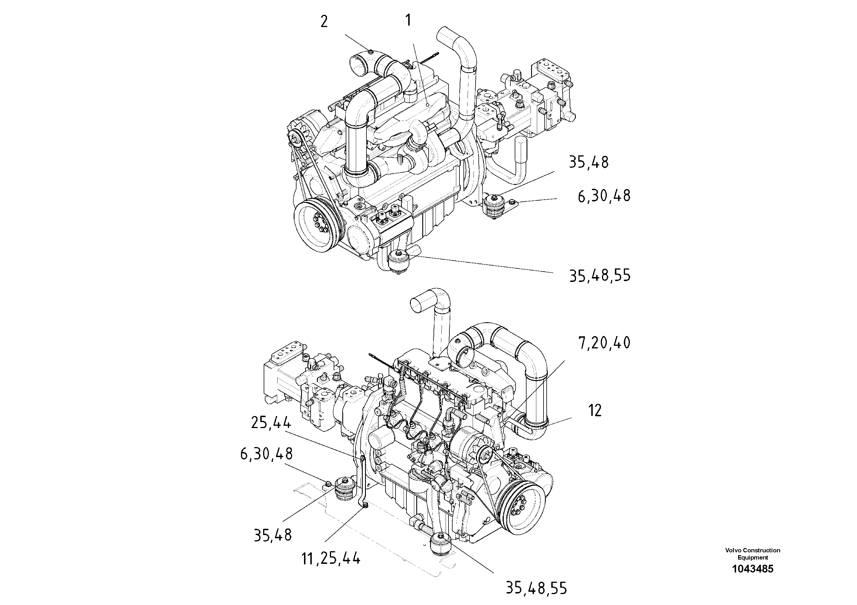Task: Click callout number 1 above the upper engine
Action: point(408,20)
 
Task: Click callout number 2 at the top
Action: point(324,22)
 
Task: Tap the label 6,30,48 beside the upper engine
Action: point(604,196)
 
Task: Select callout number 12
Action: point(595,411)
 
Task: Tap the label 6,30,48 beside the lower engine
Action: point(266,454)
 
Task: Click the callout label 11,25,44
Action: point(331,559)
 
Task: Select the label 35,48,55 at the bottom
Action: point(536,588)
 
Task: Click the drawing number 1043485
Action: point(753,569)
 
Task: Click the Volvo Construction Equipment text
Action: point(753,554)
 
